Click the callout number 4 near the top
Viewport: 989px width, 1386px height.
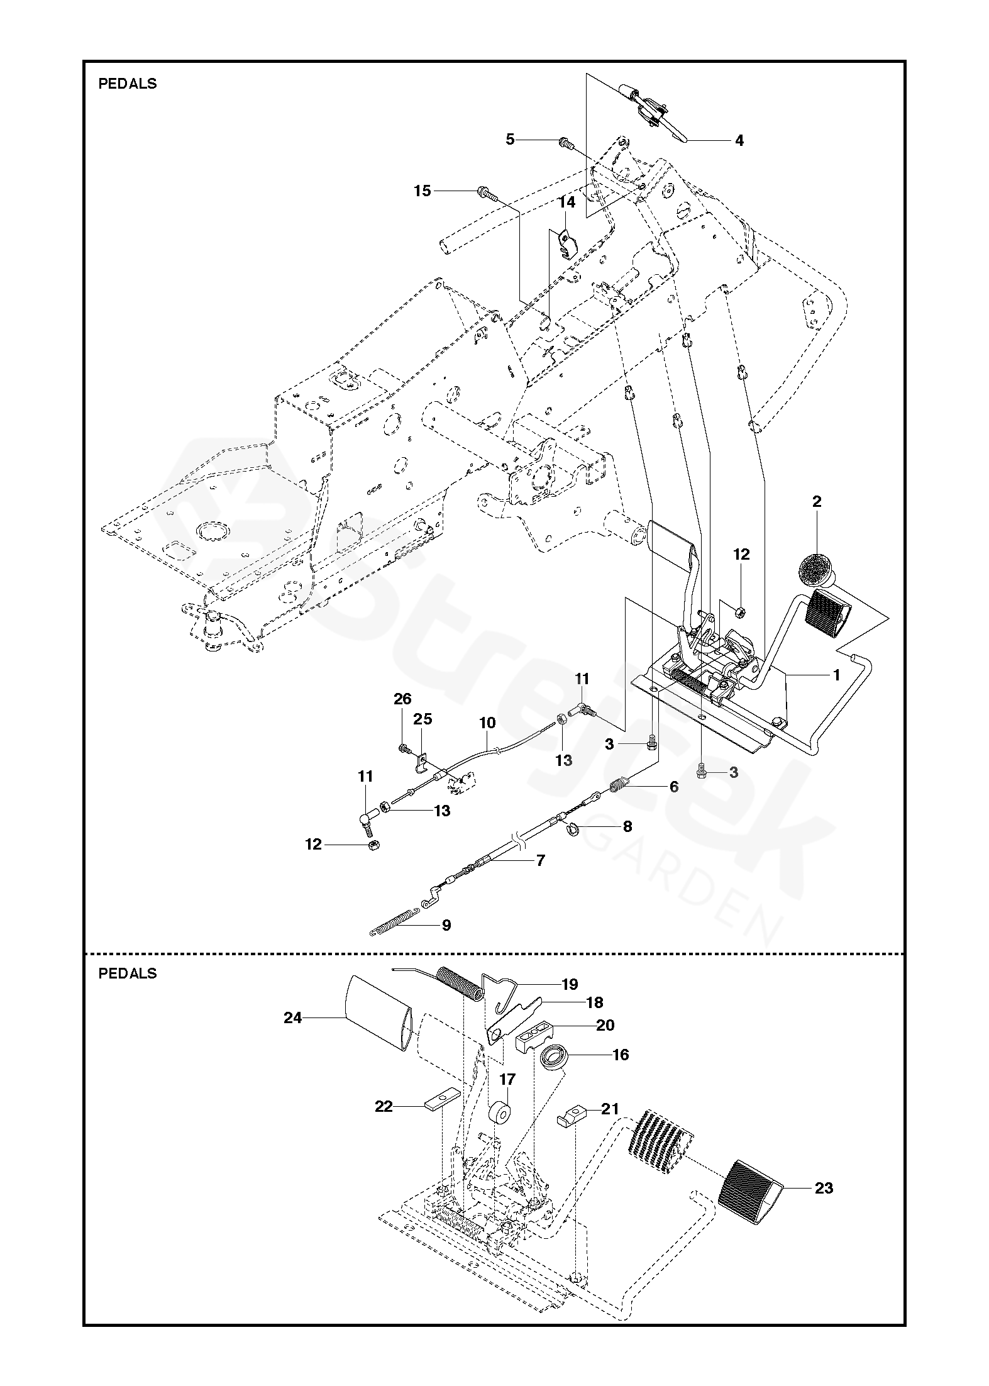[739, 141]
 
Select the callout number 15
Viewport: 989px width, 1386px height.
[423, 191]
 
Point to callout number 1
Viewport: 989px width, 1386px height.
[836, 675]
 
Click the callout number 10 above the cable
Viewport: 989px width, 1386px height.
[487, 723]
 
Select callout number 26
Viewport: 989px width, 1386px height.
[402, 699]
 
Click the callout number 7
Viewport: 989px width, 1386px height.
[541, 860]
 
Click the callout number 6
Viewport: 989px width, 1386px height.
[674, 787]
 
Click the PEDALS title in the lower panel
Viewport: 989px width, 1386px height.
[128, 973]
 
